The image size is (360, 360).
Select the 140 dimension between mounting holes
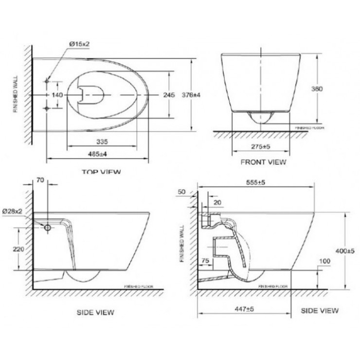coord(58,95)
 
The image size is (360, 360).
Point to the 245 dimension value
coord(169,95)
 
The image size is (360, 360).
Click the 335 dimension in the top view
coord(101,141)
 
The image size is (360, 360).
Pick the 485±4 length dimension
coord(98,154)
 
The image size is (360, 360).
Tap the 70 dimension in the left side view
coord(41,180)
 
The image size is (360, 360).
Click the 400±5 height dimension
coord(344,251)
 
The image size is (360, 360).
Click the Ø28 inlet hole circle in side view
coord(48,227)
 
